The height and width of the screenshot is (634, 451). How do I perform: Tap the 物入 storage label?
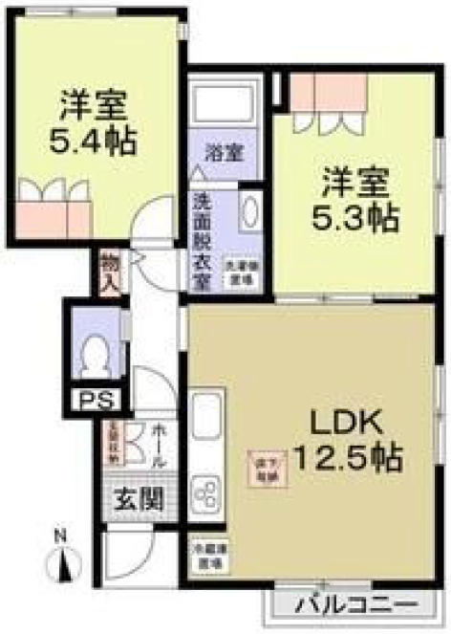(x=109, y=270)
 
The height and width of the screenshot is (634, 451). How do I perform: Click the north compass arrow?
(x=65, y=565)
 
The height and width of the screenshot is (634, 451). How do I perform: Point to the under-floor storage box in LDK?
(x=268, y=466)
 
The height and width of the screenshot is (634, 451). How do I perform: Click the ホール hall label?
(x=158, y=446)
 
